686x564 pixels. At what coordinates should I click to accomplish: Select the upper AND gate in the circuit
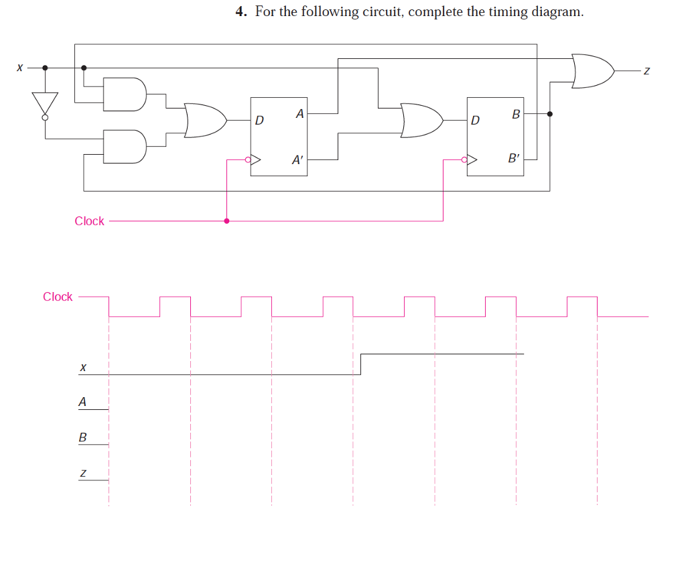point(125,94)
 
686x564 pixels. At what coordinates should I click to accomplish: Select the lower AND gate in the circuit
point(125,146)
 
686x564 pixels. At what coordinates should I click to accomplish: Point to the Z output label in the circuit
point(646,70)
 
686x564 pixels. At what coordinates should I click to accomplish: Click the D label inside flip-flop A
point(260,121)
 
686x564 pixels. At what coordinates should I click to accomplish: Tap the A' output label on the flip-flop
point(297,160)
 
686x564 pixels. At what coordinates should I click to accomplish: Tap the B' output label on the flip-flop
point(514,159)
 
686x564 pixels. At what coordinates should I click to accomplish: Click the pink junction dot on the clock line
point(226,220)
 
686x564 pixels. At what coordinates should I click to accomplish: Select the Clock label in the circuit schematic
point(89,221)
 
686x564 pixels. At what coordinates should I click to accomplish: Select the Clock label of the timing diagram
point(58,297)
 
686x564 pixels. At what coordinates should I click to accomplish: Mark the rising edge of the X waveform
point(361,364)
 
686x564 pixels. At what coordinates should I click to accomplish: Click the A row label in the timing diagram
point(82,402)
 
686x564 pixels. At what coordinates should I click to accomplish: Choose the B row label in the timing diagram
point(82,437)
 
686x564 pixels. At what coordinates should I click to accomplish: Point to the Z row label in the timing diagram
point(82,473)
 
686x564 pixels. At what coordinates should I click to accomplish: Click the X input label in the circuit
point(20,68)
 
